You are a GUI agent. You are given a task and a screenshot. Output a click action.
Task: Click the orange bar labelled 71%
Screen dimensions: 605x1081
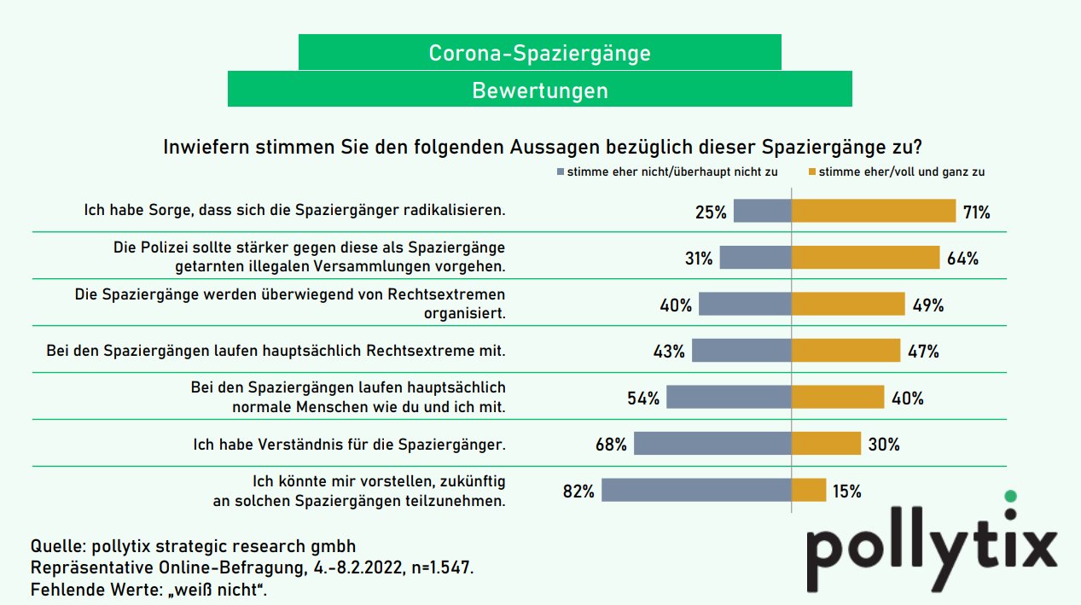pos(874,211)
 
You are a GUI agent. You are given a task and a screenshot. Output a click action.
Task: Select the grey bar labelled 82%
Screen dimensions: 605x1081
pos(696,490)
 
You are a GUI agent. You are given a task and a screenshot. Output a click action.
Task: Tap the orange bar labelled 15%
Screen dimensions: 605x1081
pos(809,490)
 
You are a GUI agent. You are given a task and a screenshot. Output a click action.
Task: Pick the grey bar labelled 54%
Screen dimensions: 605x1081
pos(729,397)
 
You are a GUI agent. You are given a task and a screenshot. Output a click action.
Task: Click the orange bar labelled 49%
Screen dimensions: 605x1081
pos(848,304)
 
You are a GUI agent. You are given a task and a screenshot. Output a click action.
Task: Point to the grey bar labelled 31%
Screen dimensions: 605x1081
pos(755,258)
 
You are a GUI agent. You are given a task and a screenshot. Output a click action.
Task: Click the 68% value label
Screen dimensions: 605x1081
pos(611,445)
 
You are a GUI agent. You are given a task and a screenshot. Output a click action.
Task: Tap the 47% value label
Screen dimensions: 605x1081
pos(922,351)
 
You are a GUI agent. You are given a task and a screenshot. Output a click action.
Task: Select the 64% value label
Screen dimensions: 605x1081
pos(962,258)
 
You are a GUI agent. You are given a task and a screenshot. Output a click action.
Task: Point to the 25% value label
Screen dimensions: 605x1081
pos(711,212)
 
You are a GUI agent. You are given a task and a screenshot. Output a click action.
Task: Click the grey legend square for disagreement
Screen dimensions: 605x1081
pos(560,172)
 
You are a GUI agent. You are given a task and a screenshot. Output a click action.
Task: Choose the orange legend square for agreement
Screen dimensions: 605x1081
pos(811,172)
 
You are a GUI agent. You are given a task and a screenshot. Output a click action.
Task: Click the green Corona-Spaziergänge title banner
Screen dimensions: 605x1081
pos(539,53)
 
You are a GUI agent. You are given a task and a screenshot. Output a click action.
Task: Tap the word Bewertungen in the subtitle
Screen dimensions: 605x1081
pos(539,90)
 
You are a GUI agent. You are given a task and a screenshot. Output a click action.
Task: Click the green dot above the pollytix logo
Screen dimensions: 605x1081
pos(1011,496)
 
